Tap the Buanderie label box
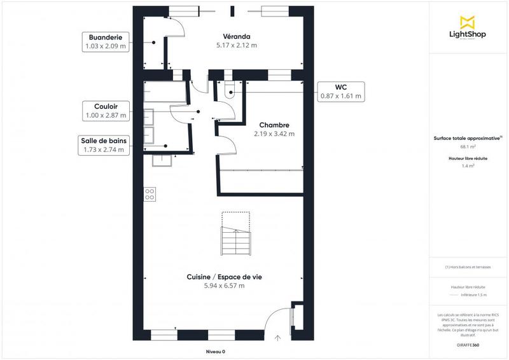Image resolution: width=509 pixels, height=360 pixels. pyautogui.click(x=106, y=41)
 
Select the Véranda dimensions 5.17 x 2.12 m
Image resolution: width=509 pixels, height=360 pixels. pyautogui.click(x=236, y=45)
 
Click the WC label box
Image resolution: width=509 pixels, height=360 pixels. pyautogui.click(x=340, y=92)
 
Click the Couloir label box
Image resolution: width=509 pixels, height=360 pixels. pyautogui.click(x=106, y=111)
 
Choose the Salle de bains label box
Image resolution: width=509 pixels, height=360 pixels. pyautogui.click(x=105, y=145)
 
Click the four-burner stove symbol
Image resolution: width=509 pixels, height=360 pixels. pyautogui.click(x=150, y=193)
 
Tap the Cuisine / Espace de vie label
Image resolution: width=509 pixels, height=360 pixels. pyautogui.click(x=224, y=277)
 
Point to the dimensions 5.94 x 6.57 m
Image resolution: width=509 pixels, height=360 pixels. pyautogui.click(x=224, y=286)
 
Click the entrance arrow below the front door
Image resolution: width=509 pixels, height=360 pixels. pyautogui.click(x=277, y=338)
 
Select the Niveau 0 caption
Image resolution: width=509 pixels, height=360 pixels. pyautogui.click(x=215, y=352)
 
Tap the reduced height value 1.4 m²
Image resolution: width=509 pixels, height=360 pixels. pyautogui.click(x=468, y=165)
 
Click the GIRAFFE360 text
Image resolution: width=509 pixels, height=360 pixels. pyautogui.click(x=468, y=343)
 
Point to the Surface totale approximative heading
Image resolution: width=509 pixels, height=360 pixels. pyautogui.click(x=468, y=137)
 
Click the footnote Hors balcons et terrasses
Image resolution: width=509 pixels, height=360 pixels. pyautogui.click(x=468, y=267)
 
